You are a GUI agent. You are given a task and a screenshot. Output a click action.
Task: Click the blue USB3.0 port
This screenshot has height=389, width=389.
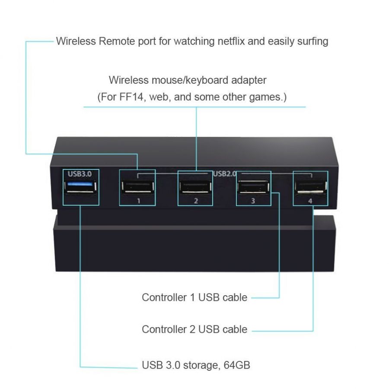pyautogui.click(x=80, y=187)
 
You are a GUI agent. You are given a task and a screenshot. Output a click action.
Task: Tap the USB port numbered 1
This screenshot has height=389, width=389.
pyautogui.click(x=138, y=187)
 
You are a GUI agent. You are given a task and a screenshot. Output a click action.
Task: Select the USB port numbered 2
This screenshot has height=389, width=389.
pyautogui.click(x=195, y=187)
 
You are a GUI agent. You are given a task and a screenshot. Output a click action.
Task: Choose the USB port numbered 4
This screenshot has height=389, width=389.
pyautogui.click(x=311, y=187)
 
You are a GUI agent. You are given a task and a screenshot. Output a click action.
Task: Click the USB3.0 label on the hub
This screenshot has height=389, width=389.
pyautogui.click(x=80, y=174)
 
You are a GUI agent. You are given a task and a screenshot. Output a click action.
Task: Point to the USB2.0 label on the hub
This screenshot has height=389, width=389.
pyautogui.click(x=225, y=174)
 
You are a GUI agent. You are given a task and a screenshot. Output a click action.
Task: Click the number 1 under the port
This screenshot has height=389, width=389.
pyautogui.click(x=139, y=201)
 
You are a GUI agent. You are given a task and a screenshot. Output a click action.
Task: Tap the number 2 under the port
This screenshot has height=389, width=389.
pyautogui.click(x=196, y=201)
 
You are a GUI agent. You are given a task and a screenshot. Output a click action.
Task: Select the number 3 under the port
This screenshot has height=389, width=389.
pyautogui.click(x=253, y=201)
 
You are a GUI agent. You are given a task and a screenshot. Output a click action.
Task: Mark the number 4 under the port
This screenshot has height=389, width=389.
pyautogui.click(x=310, y=201)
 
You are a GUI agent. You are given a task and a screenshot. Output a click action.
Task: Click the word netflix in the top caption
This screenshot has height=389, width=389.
pyautogui.click(x=231, y=41)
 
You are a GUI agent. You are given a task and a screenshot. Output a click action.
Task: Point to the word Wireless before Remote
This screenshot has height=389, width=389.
pyautogui.click(x=76, y=41)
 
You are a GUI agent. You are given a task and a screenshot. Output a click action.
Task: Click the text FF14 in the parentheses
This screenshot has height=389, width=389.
pyautogui.click(x=131, y=97)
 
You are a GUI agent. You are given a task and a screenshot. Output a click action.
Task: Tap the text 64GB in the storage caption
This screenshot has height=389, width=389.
pyautogui.click(x=237, y=365)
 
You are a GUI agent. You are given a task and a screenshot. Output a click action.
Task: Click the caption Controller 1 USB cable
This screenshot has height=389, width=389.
pyautogui.click(x=194, y=297)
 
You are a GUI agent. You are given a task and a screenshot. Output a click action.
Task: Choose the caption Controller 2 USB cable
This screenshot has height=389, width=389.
pyautogui.click(x=194, y=329)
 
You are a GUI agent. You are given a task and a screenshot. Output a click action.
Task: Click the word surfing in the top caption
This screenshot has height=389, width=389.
pyautogui.click(x=312, y=41)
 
